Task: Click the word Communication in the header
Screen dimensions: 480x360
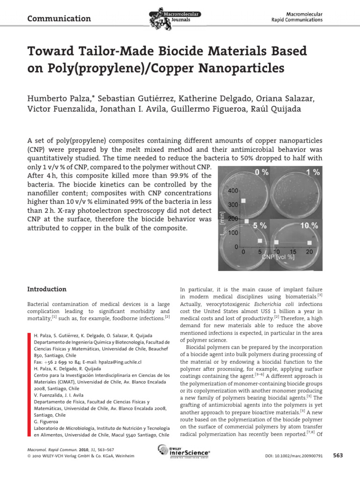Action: pyautogui.click(x=59, y=19)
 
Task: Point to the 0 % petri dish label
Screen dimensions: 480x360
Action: pyautogui.click(x=262, y=172)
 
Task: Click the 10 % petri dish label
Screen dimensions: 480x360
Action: pyautogui.click(x=308, y=225)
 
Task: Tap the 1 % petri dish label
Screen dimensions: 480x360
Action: pyautogui.click(x=313, y=172)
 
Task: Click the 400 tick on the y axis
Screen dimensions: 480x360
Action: pyautogui.click(x=232, y=191)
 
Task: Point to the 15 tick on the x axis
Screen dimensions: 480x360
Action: pyautogui.click(x=293, y=252)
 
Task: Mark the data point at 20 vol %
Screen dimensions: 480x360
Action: pyautogui.click(x=310, y=242)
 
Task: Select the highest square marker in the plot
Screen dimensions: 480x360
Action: pyautogui.click(x=243, y=201)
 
